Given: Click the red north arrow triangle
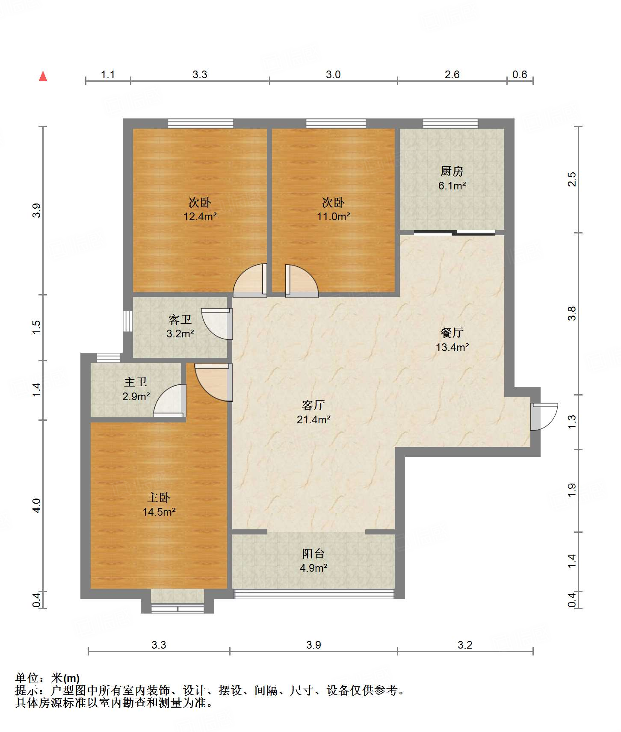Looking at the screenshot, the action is tap(43, 76).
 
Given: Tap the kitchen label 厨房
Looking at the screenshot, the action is tap(452, 171).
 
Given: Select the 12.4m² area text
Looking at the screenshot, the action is tap(200, 216).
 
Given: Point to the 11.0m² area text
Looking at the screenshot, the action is tap(334, 216).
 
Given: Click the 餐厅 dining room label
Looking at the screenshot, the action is tap(452, 333).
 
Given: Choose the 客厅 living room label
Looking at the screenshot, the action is tap(313, 405).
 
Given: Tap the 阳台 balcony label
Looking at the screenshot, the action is tap(313, 554).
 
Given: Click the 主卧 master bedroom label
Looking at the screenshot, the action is tap(159, 497).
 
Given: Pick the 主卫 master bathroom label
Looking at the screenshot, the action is tap(136, 382).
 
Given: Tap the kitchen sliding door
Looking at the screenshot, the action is tap(455, 233).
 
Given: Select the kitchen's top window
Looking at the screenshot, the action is tap(450, 124).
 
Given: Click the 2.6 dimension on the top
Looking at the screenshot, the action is tap(452, 75).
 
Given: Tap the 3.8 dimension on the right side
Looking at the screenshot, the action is tap(572, 314).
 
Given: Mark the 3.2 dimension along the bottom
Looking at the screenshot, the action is tap(465, 645).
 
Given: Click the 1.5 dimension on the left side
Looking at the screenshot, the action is tap(36, 327).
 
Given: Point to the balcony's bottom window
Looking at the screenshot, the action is tap(313, 594).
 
